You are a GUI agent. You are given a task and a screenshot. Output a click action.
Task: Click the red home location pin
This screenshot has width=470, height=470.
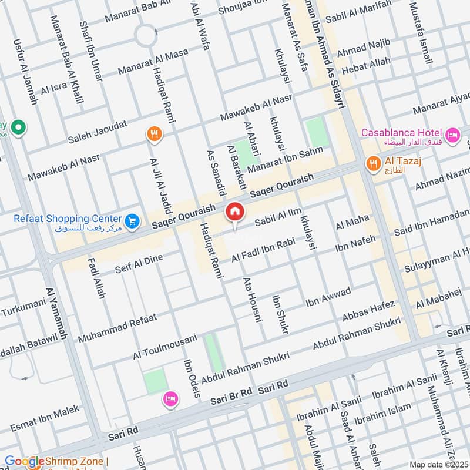tap(235, 211)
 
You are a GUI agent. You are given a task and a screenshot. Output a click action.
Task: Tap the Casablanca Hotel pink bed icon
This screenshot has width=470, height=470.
tap(453, 135)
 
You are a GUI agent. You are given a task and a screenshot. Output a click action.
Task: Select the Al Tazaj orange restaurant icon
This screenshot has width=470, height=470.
tap(372, 163)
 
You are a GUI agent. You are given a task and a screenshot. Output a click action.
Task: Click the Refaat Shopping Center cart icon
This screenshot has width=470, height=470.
tap(132, 220)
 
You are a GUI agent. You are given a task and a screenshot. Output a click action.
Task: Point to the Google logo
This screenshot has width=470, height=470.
tap(24, 462)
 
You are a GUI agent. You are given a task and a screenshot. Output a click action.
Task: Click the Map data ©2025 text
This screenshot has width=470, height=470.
tap(438, 464)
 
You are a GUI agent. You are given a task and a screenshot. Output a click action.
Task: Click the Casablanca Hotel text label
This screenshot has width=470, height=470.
tap(402, 133)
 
